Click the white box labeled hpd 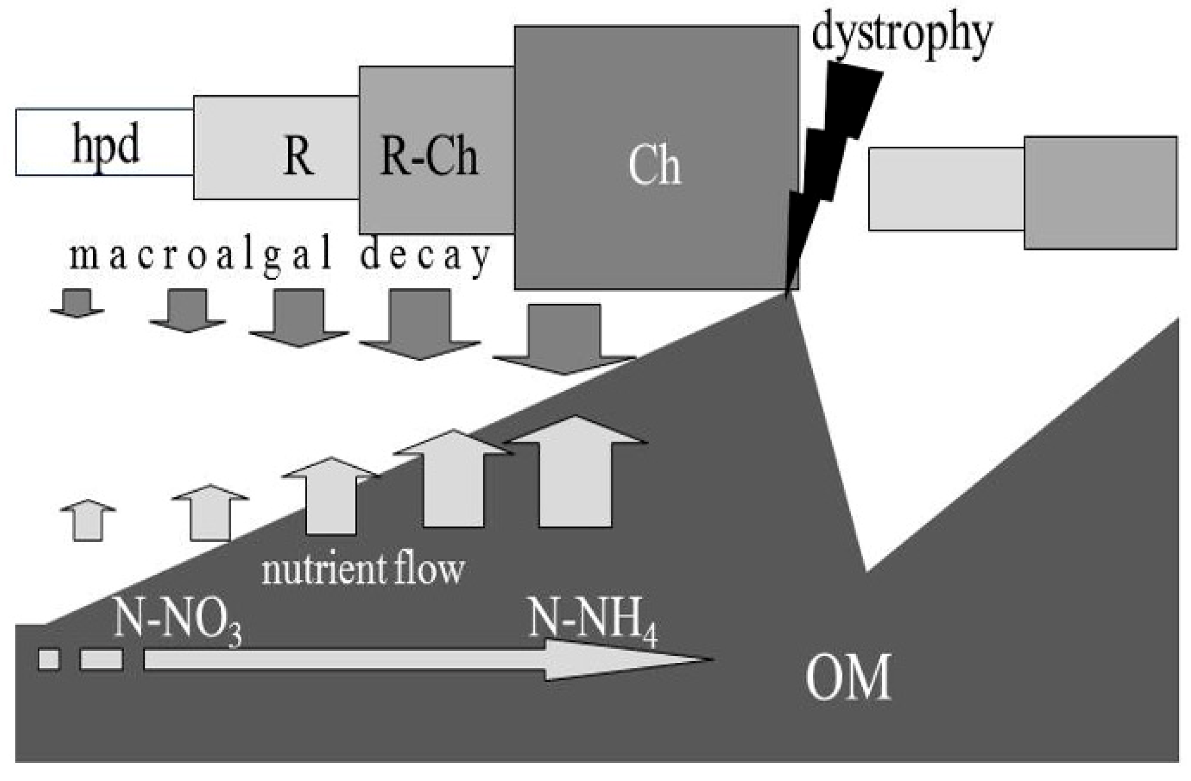click(x=105, y=142)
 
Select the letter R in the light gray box click(x=299, y=156)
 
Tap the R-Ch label click(x=429, y=157)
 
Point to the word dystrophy click(x=902, y=35)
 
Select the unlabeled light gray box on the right click(x=946, y=189)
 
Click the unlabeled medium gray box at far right click(x=1100, y=192)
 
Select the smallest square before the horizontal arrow click(x=49, y=659)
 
